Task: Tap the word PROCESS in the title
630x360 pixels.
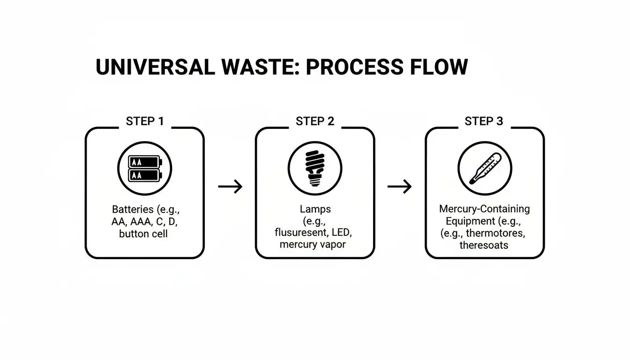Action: pyautogui.click(x=354, y=67)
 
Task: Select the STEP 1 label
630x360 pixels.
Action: pyautogui.click(x=145, y=121)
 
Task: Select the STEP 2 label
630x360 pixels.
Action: pyautogui.click(x=315, y=121)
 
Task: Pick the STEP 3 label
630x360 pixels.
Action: pyautogui.click(x=484, y=121)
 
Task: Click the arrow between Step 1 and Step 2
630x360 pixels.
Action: pyautogui.click(x=230, y=187)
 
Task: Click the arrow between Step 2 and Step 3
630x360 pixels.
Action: pyautogui.click(x=399, y=187)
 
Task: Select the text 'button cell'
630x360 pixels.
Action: pyautogui.click(x=143, y=233)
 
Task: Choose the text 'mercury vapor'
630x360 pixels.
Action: pyautogui.click(x=313, y=245)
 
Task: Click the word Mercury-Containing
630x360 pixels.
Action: pyautogui.click(x=484, y=209)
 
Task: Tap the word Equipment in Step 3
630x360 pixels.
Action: pyautogui.click(x=469, y=221)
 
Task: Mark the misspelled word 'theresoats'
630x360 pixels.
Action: pyautogui.click(x=484, y=245)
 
